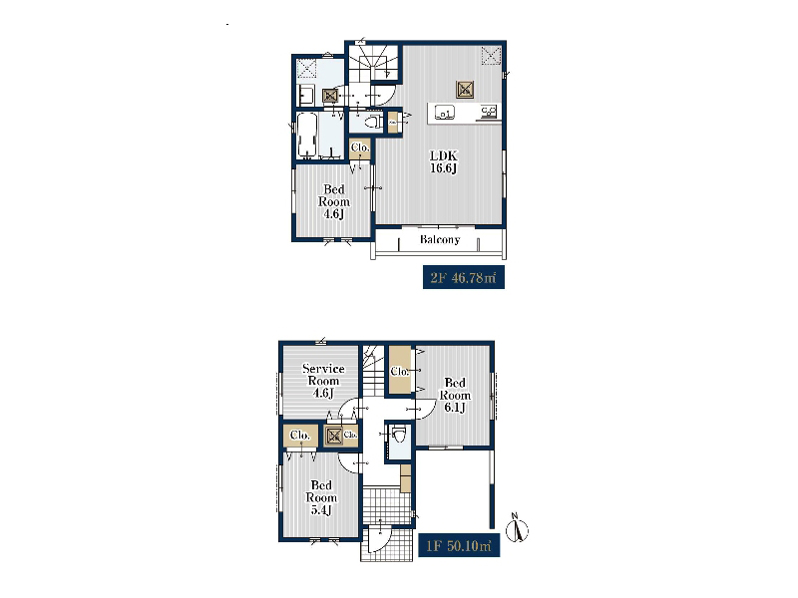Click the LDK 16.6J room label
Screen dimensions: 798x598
pyautogui.click(x=444, y=161)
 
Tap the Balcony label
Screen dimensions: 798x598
pyautogui.click(x=440, y=239)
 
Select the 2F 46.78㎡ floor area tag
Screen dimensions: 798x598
pyautogui.click(x=464, y=277)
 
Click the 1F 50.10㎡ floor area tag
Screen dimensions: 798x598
pyautogui.click(x=459, y=545)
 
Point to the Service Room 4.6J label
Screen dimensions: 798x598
pyautogui.click(x=323, y=381)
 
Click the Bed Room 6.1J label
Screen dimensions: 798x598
pyautogui.click(x=455, y=395)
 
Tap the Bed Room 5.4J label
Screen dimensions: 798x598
pyautogui.click(x=321, y=497)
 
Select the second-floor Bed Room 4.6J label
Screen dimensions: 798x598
pyautogui.click(x=334, y=201)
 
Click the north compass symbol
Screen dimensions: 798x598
pyautogui.click(x=518, y=529)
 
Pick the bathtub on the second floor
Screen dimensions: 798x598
pyautogui.click(x=307, y=135)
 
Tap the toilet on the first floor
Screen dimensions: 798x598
pyautogui.click(x=398, y=437)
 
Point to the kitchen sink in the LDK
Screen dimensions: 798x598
pyautogui.click(x=444, y=113)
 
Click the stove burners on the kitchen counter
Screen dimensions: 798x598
pyautogui.click(x=489, y=112)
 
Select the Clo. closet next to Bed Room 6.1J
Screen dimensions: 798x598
pyautogui.click(x=400, y=370)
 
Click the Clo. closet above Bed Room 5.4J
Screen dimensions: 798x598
pyautogui.click(x=300, y=436)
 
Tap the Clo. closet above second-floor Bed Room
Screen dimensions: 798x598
pyautogui.click(x=360, y=148)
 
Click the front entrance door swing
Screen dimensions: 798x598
pyautogui.click(x=379, y=538)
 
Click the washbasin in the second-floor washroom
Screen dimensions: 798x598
pyautogui.click(x=306, y=95)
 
